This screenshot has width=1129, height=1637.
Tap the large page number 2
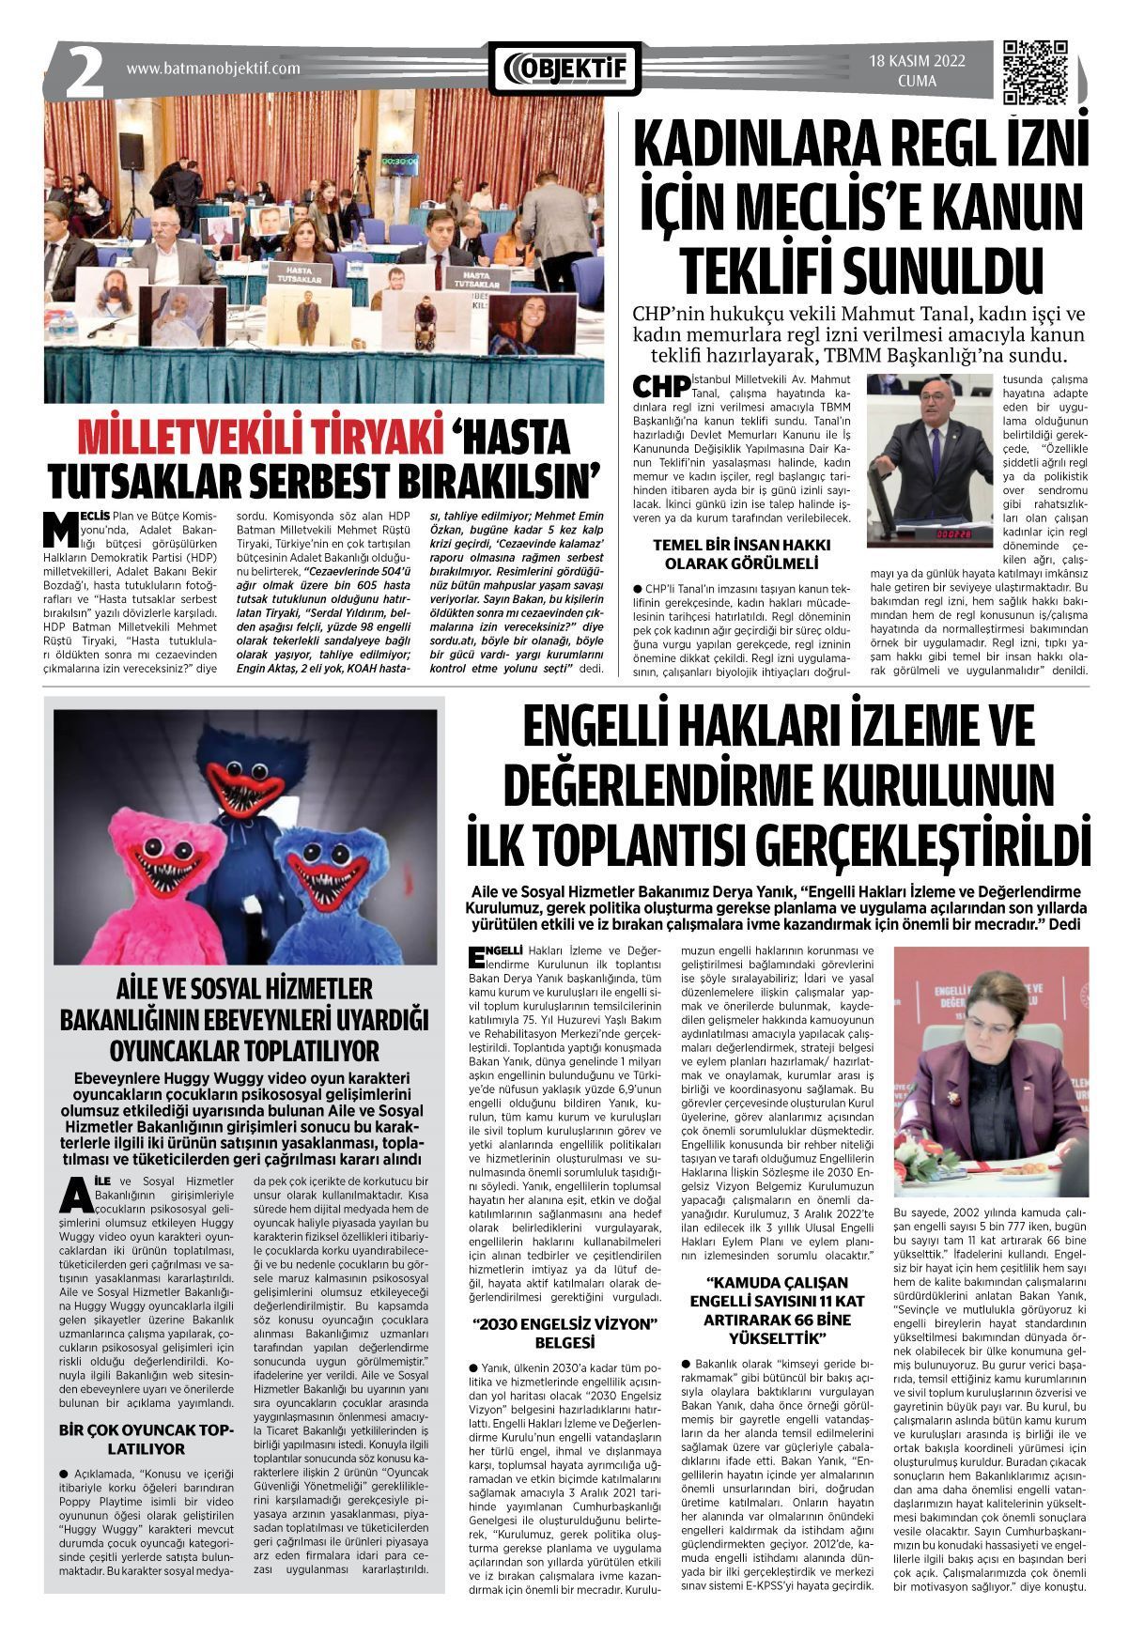pyautogui.click(x=84, y=72)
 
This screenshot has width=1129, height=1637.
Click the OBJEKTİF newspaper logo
pyautogui.click(x=564, y=69)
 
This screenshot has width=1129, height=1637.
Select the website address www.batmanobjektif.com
pyautogui.click(x=213, y=69)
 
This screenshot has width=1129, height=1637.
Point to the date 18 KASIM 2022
pyautogui.click(x=917, y=62)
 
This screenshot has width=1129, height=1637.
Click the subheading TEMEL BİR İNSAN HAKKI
pyautogui.click(x=741, y=545)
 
